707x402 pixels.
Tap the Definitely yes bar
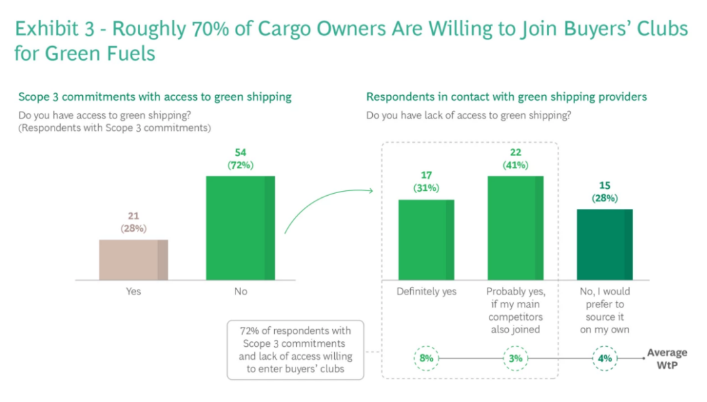coord(426,239)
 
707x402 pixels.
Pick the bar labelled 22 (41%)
coord(516,228)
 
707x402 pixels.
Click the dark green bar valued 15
coord(605,244)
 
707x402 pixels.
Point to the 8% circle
coord(426,358)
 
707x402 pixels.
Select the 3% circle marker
coord(516,358)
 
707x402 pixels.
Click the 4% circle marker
coord(605,358)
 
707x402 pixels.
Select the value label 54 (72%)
coord(240,159)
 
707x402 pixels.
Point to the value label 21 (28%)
coord(133,222)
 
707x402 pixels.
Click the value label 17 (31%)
coord(426,182)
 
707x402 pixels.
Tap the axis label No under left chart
coord(240,292)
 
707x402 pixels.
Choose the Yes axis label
coord(133,292)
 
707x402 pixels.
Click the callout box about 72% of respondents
coord(296,350)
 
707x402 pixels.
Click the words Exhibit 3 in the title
coord(57,29)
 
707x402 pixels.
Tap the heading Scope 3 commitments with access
coord(155,97)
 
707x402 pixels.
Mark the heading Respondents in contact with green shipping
coord(506,97)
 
